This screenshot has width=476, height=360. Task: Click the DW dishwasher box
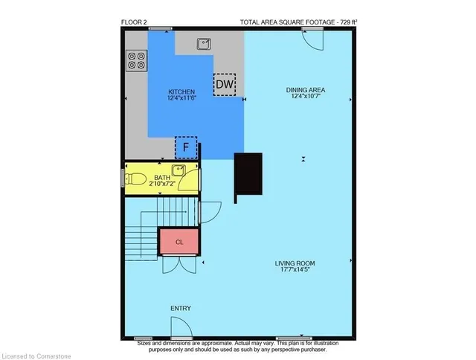click(x=224, y=85)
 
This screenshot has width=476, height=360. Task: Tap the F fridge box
click(x=186, y=147)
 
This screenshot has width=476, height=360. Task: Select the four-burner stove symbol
click(x=135, y=60)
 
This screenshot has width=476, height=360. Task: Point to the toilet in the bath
click(x=136, y=179)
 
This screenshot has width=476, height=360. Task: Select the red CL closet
click(x=178, y=242)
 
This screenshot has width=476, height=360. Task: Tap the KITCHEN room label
click(x=181, y=91)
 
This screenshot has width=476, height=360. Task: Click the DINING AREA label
click(x=306, y=91)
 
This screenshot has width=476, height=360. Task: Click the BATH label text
click(x=162, y=177)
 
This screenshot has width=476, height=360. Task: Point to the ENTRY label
click(x=181, y=308)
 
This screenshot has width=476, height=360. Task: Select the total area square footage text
click(x=298, y=22)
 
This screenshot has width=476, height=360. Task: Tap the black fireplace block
click(x=248, y=177)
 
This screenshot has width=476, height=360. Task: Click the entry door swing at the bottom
click(x=181, y=328)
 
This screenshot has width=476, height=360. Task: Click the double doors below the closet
click(x=178, y=264)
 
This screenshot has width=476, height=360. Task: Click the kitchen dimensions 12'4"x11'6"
click(x=181, y=98)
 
